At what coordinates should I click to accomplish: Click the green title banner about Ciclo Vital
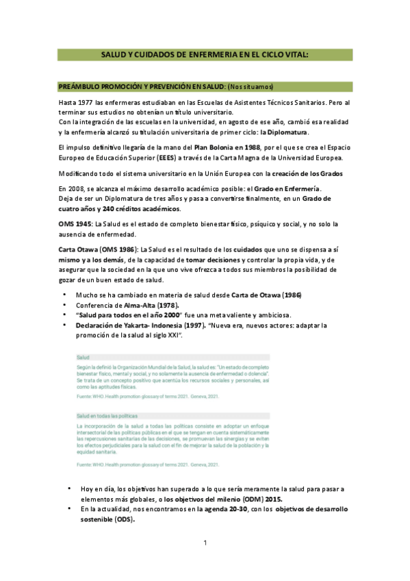point(205,54)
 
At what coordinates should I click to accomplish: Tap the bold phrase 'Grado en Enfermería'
point(283,189)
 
